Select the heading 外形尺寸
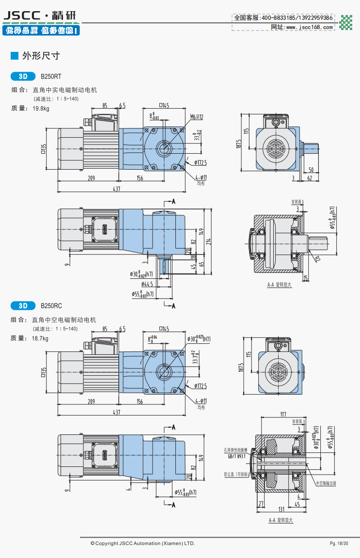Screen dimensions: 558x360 [x=41, y=56]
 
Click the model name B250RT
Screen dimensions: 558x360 [x=51, y=77]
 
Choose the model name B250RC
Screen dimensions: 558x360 [x=51, y=306]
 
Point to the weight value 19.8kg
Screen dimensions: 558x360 [x=41, y=109]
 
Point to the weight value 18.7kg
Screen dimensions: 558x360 [x=41, y=338]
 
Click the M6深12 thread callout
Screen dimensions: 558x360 [x=197, y=117]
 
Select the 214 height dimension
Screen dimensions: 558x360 [x=208, y=240]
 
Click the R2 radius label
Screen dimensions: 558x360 [x=317, y=259]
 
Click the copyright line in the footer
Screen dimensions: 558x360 [x=142, y=543]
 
